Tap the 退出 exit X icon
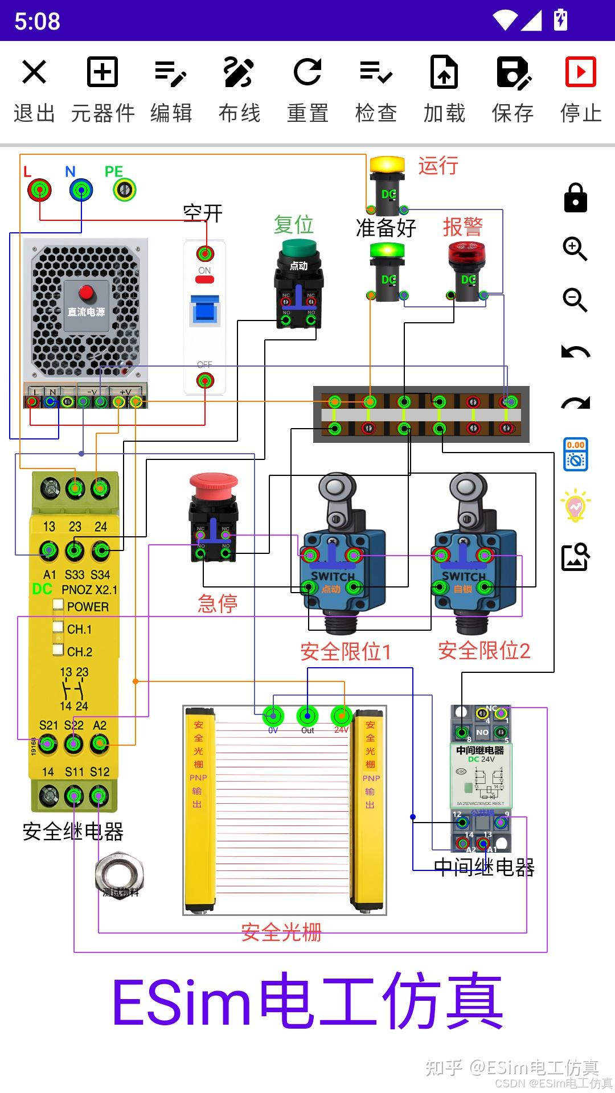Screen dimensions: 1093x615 (x=34, y=72)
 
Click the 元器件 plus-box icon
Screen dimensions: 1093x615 (x=102, y=72)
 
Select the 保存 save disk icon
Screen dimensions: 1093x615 (x=512, y=72)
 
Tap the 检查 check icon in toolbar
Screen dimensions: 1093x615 (x=376, y=72)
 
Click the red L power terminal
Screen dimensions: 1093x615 (x=39, y=190)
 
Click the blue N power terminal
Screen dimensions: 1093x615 (x=81, y=190)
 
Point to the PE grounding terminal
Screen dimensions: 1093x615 (x=125, y=190)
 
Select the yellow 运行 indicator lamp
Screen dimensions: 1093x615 (x=387, y=164)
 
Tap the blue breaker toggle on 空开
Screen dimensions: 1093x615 (x=205, y=310)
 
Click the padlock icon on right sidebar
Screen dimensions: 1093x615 (x=575, y=198)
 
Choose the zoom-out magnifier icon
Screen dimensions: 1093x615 (x=575, y=300)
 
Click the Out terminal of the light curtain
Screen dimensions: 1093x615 (x=307, y=715)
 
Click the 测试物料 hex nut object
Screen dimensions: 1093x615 (x=120, y=876)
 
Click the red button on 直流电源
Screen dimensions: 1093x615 (x=86, y=292)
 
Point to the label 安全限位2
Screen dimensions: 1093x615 (x=484, y=650)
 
